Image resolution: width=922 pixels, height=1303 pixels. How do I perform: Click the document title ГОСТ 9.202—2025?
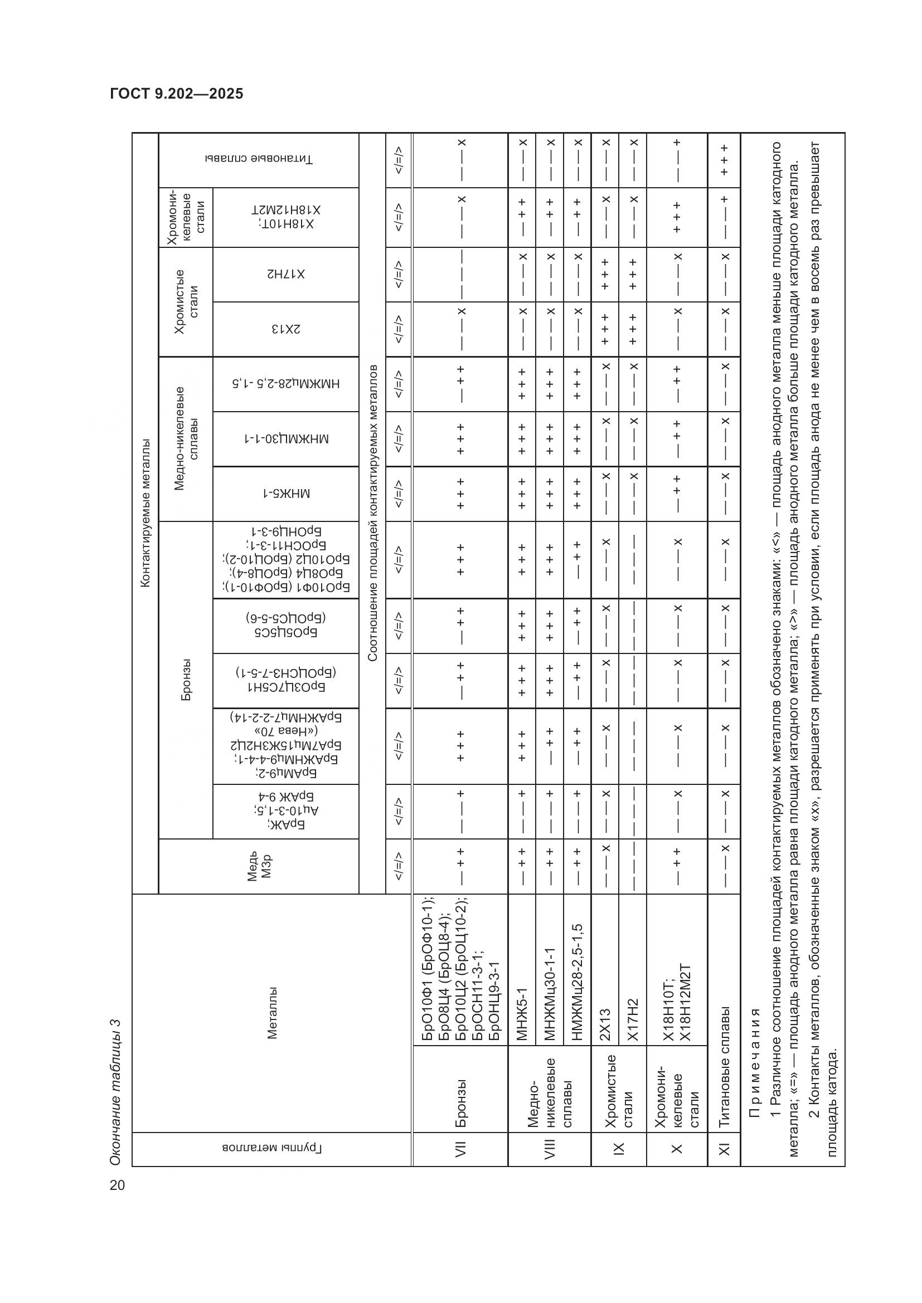[x=177, y=94]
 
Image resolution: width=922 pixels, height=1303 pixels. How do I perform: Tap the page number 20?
[x=118, y=1185]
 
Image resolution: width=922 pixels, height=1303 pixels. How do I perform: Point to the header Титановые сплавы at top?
[x=259, y=160]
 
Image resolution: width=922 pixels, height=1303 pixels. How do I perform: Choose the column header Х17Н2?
[x=285, y=275]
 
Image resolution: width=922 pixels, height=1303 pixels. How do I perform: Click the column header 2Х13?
[x=285, y=329]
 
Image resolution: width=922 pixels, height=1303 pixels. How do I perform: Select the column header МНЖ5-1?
[x=285, y=494]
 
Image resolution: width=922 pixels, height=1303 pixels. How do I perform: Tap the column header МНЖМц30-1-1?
[x=285, y=439]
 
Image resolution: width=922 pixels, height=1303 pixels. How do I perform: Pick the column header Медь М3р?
[x=259, y=867]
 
